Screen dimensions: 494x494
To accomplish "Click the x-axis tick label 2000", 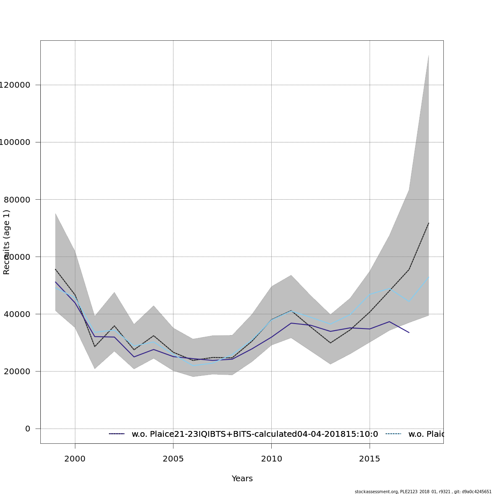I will (75, 459).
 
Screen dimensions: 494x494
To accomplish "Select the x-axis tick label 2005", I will (173, 459).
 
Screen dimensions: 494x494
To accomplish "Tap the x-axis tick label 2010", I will (271, 459).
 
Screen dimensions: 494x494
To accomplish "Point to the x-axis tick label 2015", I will (370, 459).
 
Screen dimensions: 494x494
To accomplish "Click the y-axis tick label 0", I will (28, 429).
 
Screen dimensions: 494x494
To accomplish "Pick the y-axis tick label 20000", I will (16, 371).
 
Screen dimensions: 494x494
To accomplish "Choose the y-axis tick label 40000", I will (16, 314).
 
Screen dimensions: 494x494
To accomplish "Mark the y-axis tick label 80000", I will (16, 200).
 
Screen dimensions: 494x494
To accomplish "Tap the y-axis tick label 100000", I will (15, 142).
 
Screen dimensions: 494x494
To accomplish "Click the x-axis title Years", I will (242, 479).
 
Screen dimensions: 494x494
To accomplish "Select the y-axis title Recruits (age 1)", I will (7, 242).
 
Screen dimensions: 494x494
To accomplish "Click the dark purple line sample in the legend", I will (117, 434).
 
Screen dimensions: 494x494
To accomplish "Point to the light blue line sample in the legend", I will (393, 434).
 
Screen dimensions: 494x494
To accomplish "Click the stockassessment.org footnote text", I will (423, 492).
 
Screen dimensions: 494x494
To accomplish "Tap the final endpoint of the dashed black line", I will (429, 223).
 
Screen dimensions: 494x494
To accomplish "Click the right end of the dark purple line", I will (409, 332).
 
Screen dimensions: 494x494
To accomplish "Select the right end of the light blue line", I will (429, 277).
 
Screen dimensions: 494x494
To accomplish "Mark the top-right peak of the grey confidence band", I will (429, 55).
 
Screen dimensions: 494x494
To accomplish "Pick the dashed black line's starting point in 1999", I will (56, 269).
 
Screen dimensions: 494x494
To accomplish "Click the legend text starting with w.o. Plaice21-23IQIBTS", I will (255, 434).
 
